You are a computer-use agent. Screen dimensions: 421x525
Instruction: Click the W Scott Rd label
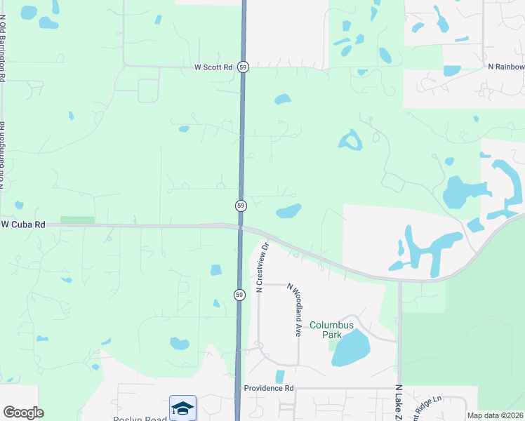(213, 67)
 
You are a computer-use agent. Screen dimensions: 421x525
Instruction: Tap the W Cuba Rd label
(23, 225)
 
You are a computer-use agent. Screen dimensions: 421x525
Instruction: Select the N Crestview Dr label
(262, 267)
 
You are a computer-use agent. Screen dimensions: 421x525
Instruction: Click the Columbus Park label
(330, 330)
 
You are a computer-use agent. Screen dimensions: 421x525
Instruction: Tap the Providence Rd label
(268, 388)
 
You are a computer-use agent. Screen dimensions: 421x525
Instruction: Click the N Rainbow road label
(506, 67)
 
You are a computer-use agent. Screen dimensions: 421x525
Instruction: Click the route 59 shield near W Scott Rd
(242, 67)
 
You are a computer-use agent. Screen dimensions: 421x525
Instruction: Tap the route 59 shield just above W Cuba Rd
(241, 206)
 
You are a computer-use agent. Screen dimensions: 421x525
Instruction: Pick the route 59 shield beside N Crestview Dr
(239, 295)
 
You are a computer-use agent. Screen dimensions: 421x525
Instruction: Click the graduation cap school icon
(182, 407)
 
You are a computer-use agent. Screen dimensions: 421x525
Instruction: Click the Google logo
(23, 413)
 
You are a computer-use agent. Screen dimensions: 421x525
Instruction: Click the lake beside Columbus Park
(351, 348)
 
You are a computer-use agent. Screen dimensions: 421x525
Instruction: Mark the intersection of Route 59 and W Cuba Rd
(239, 227)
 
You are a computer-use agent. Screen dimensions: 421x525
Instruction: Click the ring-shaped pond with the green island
(350, 141)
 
